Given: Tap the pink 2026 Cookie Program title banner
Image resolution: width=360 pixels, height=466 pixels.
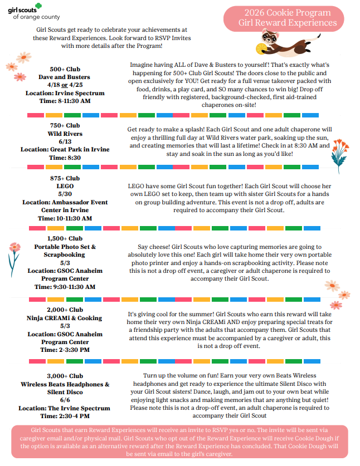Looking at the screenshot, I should (287, 17).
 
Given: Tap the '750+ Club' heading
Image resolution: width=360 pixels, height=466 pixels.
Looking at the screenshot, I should (65, 126).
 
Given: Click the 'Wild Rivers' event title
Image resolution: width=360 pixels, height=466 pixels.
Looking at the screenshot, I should (65, 134).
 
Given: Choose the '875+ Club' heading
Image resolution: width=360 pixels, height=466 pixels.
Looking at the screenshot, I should (65, 178).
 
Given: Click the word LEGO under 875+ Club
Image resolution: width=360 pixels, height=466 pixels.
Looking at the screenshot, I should (65, 186).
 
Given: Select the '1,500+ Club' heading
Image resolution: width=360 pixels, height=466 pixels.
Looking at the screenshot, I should (65, 238).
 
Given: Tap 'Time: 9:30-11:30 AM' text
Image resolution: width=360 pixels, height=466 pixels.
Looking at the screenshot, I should (65, 287).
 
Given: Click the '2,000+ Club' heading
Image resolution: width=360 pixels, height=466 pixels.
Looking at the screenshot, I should (65, 310).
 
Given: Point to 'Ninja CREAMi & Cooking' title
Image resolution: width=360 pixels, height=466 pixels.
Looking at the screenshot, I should (65, 318).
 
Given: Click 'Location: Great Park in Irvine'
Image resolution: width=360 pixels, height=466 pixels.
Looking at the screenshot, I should (65, 150).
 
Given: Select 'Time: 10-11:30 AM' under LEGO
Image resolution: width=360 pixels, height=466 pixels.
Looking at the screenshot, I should (65, 218).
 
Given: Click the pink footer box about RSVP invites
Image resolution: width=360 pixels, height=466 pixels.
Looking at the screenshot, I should (179, 442).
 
